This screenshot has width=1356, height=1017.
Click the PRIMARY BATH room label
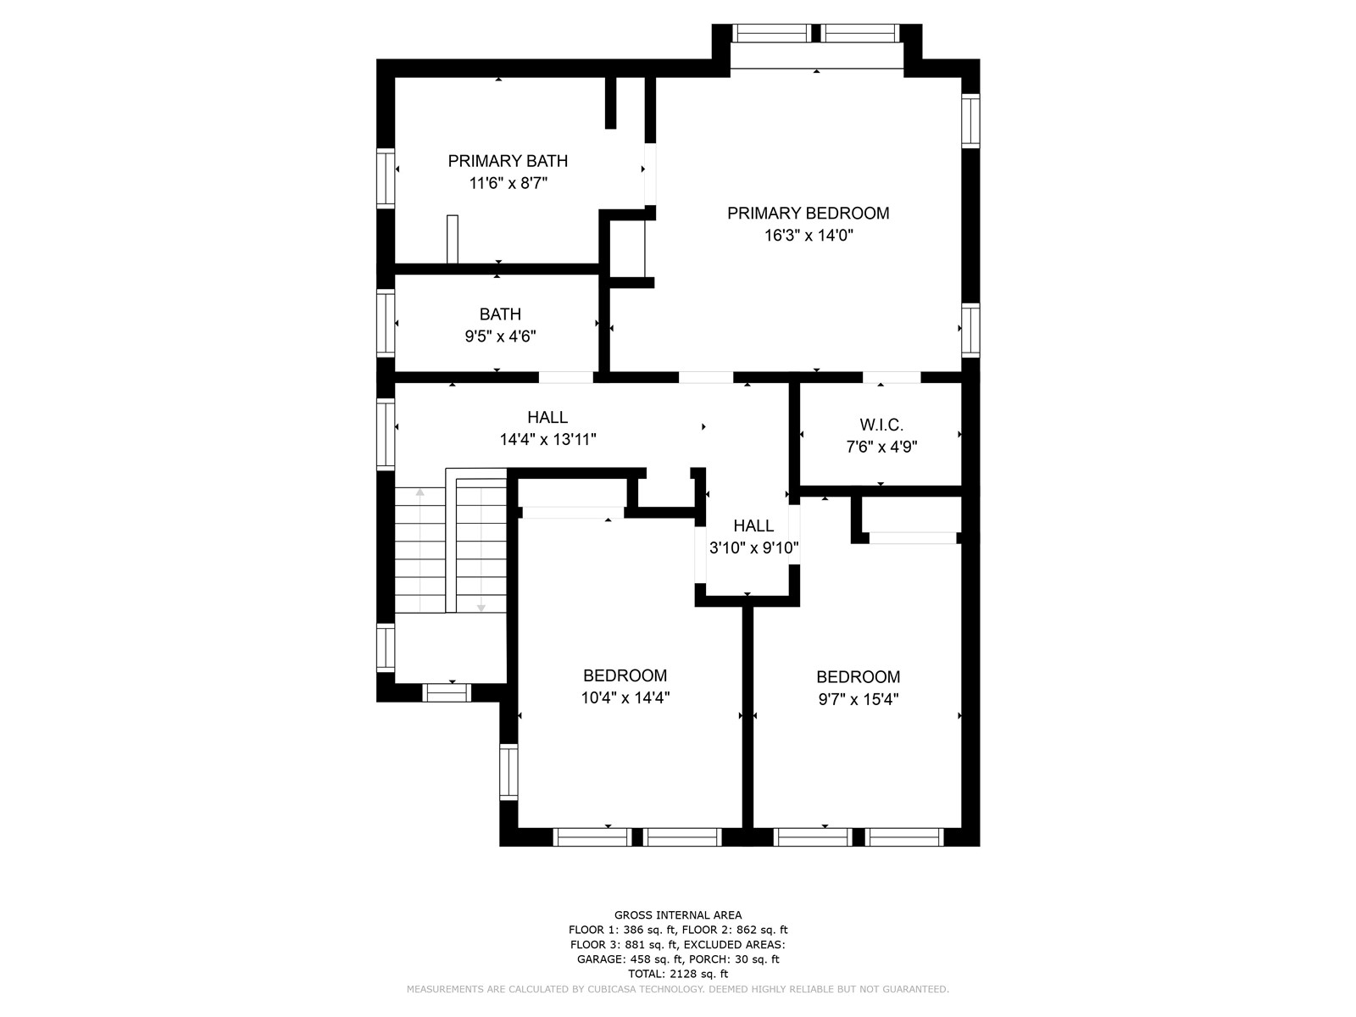[507, 161]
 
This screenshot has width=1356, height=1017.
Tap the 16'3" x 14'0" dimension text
[808, 236]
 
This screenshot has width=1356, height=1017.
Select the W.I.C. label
[881, 425]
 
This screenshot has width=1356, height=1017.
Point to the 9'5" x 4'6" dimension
[500, 336]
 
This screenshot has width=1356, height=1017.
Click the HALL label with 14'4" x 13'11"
[547, 418]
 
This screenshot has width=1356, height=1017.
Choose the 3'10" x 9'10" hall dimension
[753, 547]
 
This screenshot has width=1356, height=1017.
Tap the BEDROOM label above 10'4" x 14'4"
[625, 675]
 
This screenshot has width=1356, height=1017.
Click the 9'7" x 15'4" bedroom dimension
[858, 699]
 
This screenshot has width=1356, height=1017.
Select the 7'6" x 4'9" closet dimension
[881, 447]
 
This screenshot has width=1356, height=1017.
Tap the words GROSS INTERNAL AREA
[678, 915]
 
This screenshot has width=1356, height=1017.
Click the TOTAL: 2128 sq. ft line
[678, 974]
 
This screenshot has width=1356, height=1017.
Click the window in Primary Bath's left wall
[386, 178]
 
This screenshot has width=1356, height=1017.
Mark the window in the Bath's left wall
[386, 323]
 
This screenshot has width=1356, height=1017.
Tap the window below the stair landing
[446, 692]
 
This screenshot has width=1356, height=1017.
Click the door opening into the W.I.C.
[892, 377]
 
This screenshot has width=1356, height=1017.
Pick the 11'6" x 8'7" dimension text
[508, 183]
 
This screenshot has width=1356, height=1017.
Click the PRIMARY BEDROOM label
[808, 213]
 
